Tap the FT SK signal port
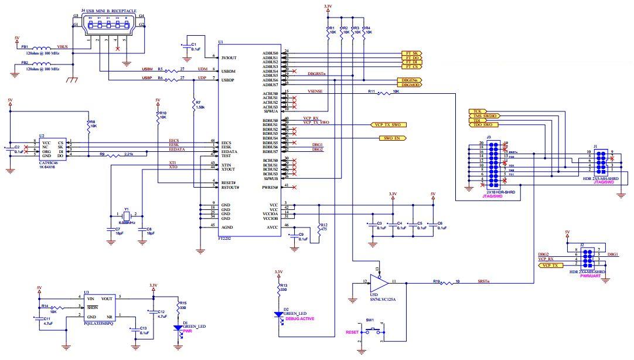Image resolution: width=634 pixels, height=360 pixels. tap(410, 53)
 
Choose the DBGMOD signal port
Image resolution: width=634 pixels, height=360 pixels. tap(410, 85)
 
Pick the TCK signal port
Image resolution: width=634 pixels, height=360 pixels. tap(478, 110)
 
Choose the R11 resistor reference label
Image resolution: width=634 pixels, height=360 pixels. tap(371, 91)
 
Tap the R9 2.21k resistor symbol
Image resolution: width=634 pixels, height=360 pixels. tap(122, 155)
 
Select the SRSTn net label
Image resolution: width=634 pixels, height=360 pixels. tap(483, 281)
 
